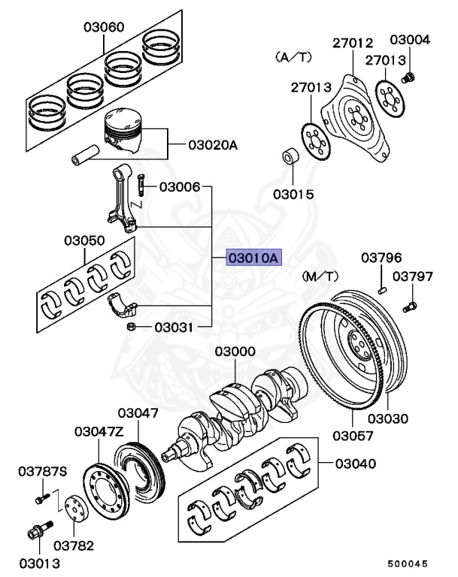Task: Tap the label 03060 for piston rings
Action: pyautogui.click(x=104, y=28)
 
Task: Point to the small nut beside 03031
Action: pyautogui.click(x=130, y=327)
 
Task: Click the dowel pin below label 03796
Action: pyautogui.click(x=382, y=285)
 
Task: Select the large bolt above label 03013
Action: pyautogui.click(x=38, y=533)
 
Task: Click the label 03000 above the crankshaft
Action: pyautogui.click(x=235, y=352)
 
